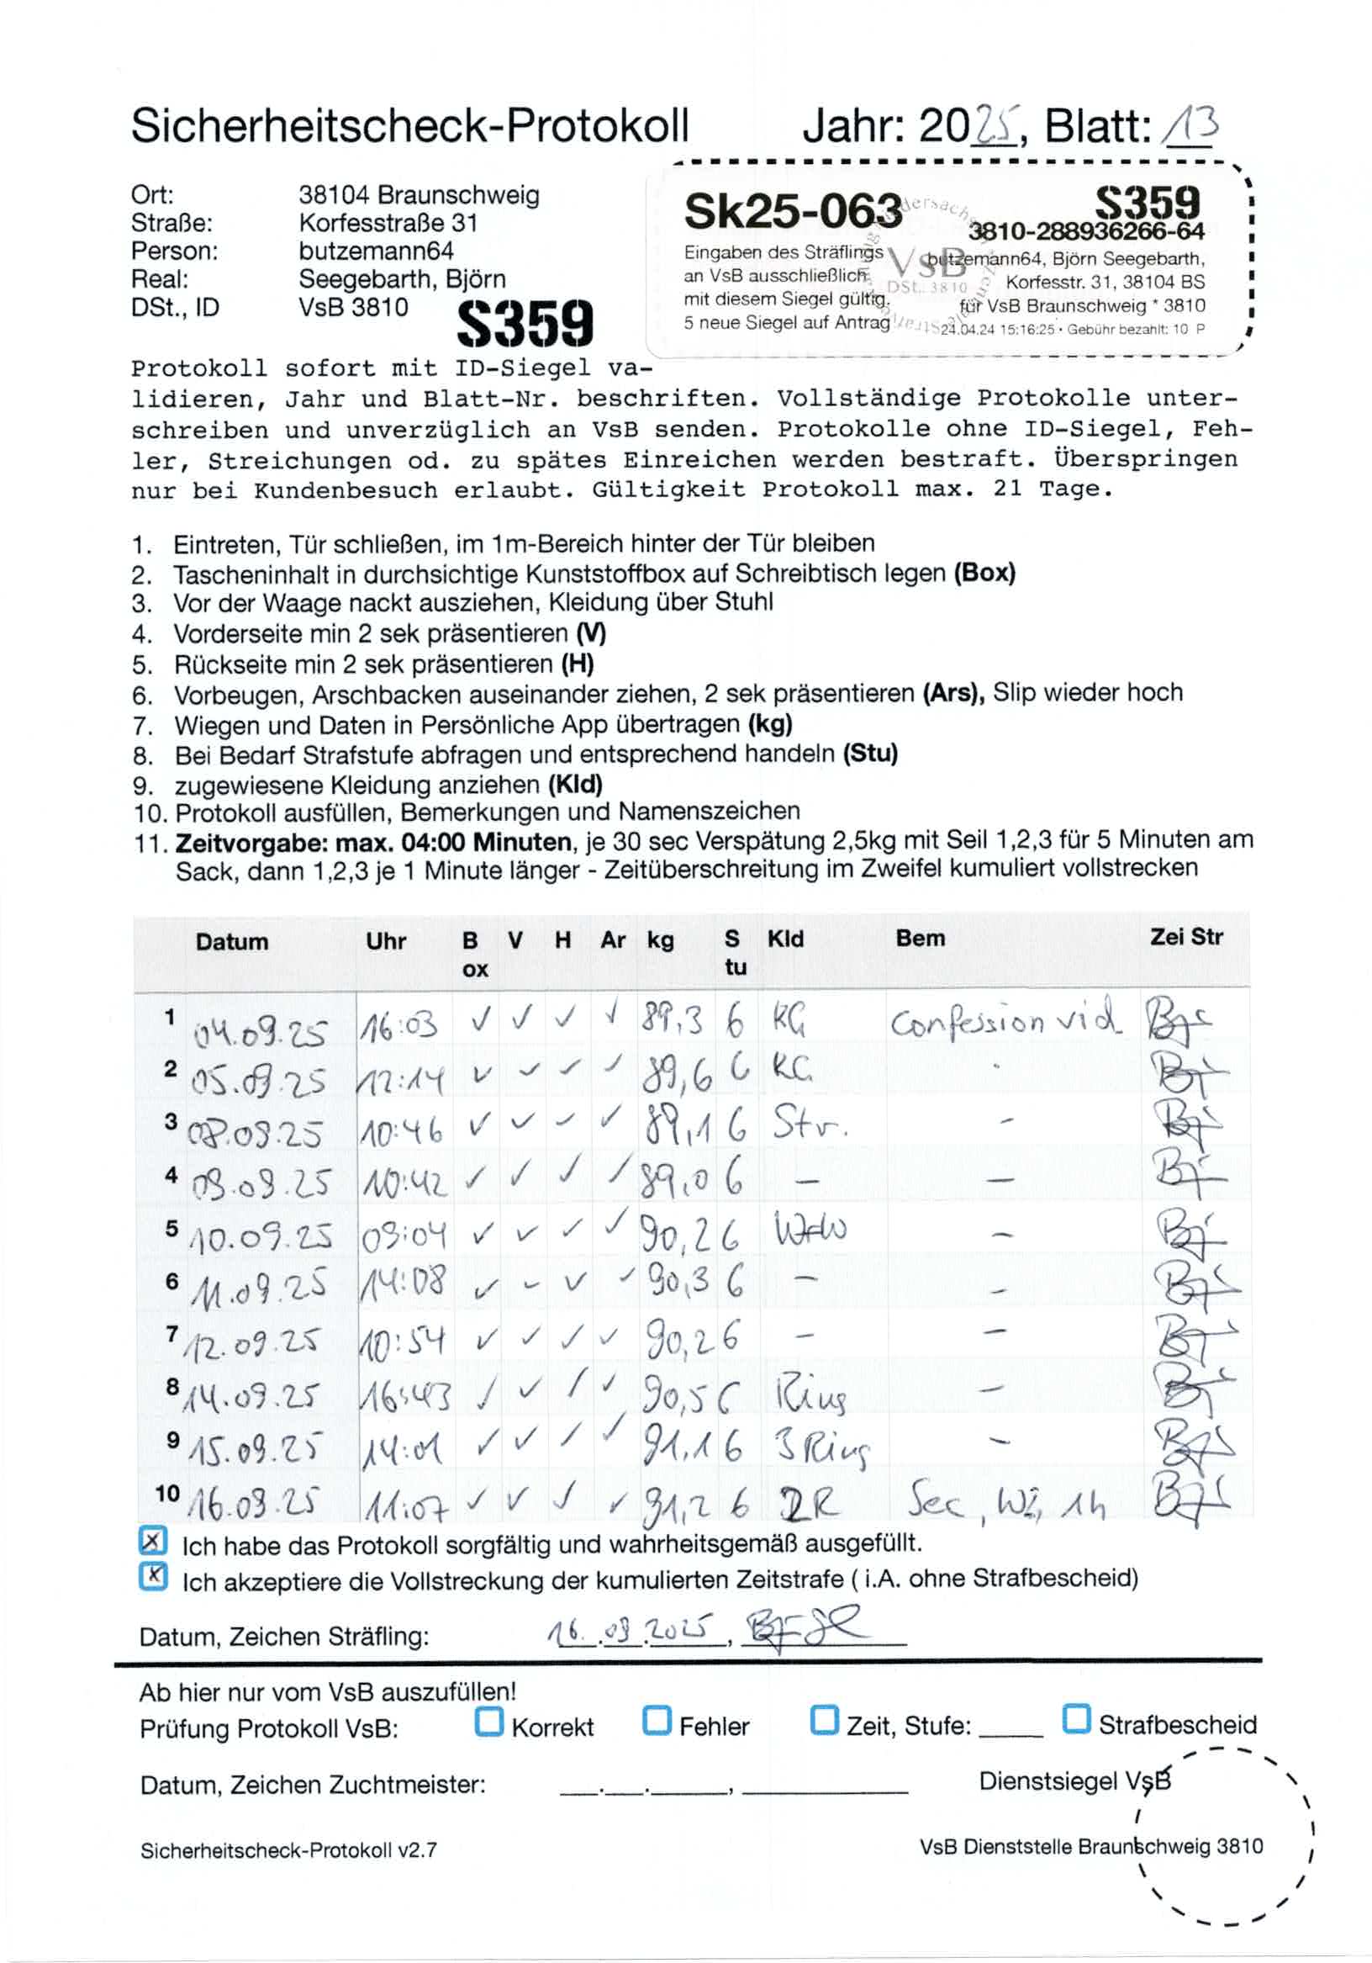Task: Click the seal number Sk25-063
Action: point(793,211)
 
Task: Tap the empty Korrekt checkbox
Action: point(489,1720)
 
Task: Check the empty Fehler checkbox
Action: point(657,1720)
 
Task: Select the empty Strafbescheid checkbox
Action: point(1076,1718)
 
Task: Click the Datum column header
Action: point(232,942)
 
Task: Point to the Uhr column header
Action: point(386,941)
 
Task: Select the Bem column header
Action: point(920,939)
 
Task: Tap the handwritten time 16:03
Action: point(399,1025)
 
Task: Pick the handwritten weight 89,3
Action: point(672,1019)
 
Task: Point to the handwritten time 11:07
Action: point(405,1511)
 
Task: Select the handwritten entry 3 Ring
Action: point(821,1448)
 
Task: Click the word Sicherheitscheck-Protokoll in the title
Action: point(409,126)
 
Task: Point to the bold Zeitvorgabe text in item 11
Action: point(372,842)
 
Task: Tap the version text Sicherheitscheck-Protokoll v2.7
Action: point(289,1850)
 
